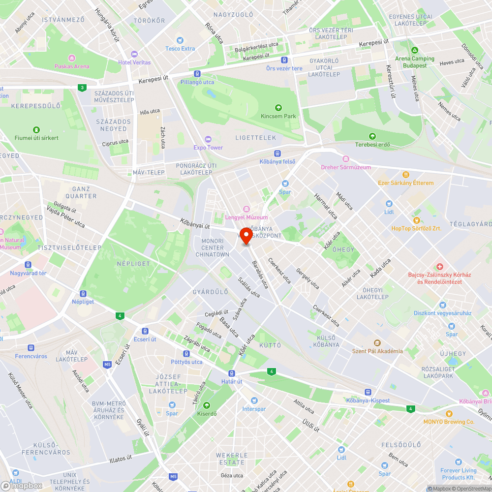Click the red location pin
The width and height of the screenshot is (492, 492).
tap(246, 235)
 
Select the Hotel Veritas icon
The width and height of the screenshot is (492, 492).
tap(134, 54)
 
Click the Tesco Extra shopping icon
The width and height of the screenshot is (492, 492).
tap(180, 40)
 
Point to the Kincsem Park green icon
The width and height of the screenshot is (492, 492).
tap(278, 107)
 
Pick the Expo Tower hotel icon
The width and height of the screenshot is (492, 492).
tap(208, 139)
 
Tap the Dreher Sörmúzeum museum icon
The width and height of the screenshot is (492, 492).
tap(345, 159)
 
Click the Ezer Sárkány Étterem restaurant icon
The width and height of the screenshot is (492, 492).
tap(406, 174)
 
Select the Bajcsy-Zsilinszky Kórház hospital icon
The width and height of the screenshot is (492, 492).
tap(439, 266)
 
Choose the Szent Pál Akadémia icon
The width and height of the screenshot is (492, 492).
tap(377, 342)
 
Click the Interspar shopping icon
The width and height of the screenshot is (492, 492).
tap(254, 400)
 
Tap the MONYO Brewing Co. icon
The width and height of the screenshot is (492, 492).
tap(448, 413)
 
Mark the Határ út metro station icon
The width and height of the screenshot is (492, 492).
tap(232, 373)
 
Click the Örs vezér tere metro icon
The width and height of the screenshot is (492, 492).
tap(284, 60)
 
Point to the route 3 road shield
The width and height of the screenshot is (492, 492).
tap(81, 88)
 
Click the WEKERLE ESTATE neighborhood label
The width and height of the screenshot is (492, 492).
tap(232, 459)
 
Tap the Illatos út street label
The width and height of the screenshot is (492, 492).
tap(120, 461)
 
